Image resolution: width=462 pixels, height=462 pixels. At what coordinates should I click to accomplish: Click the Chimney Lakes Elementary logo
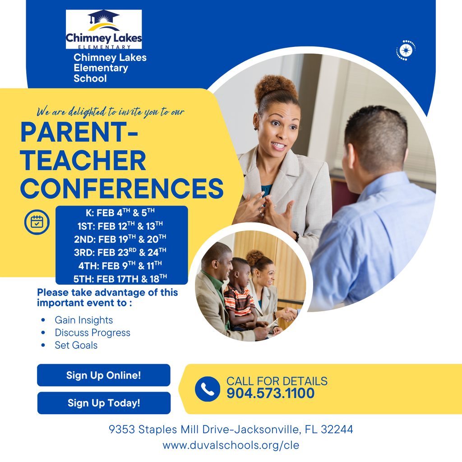coord(104,29)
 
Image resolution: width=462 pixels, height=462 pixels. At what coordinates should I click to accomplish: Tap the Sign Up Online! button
coord(104,375)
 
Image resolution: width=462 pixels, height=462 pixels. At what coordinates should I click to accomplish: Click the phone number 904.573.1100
coord(270,393)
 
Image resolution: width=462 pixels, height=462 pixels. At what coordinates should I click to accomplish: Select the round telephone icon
coord(208,389)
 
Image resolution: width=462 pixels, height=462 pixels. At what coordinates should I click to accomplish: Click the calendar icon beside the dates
coord(37,222)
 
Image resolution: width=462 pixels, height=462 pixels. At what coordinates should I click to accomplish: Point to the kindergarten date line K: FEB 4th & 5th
coord(120,213)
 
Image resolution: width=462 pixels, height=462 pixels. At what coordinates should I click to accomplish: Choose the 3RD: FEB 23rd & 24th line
coord(120,252)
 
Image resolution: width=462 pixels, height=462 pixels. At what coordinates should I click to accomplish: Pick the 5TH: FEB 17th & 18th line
coord(120,279)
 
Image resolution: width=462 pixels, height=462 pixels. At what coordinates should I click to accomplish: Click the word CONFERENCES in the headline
coord(122,188)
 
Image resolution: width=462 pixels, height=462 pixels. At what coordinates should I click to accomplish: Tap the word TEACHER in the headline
coord(83,161)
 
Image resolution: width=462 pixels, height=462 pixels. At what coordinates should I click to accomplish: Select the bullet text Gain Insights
coord(83,320)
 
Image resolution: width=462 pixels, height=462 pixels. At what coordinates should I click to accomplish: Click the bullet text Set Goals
coord(76,345)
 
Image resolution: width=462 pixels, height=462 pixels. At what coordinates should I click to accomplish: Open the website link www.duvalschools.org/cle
coord(231,445)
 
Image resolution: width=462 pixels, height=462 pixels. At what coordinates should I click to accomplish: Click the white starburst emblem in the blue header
coord(406,51)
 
